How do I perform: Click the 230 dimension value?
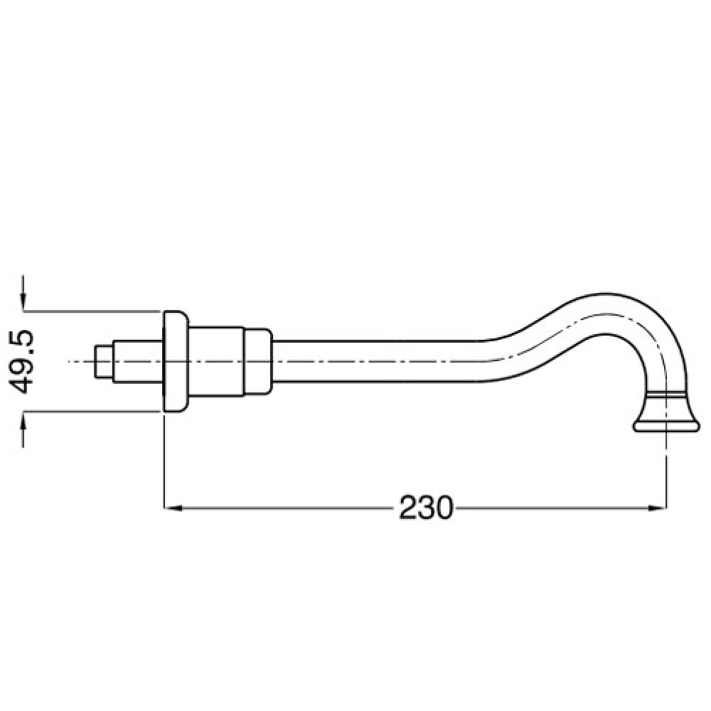tap(426, 508)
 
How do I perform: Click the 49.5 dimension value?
tap(21, 361)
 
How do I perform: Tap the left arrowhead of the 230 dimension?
tap(173, 508)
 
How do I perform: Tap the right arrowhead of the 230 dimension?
tap(658, 508)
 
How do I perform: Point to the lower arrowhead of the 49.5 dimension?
tap(23, 421)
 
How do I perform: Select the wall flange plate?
tap(176, 361)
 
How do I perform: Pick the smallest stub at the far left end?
tap(104, 361)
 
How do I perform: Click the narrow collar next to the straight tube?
tap(258, 361)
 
